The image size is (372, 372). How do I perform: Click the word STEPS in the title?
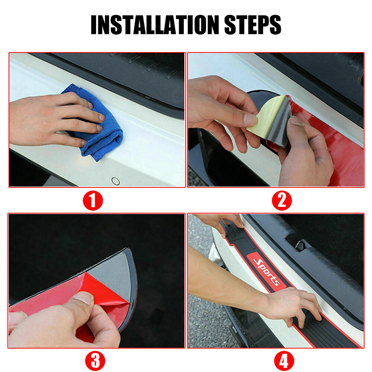pos(253,25)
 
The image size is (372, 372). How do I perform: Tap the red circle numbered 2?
pos(282,201)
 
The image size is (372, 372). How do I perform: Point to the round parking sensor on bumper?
pos(116,181)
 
